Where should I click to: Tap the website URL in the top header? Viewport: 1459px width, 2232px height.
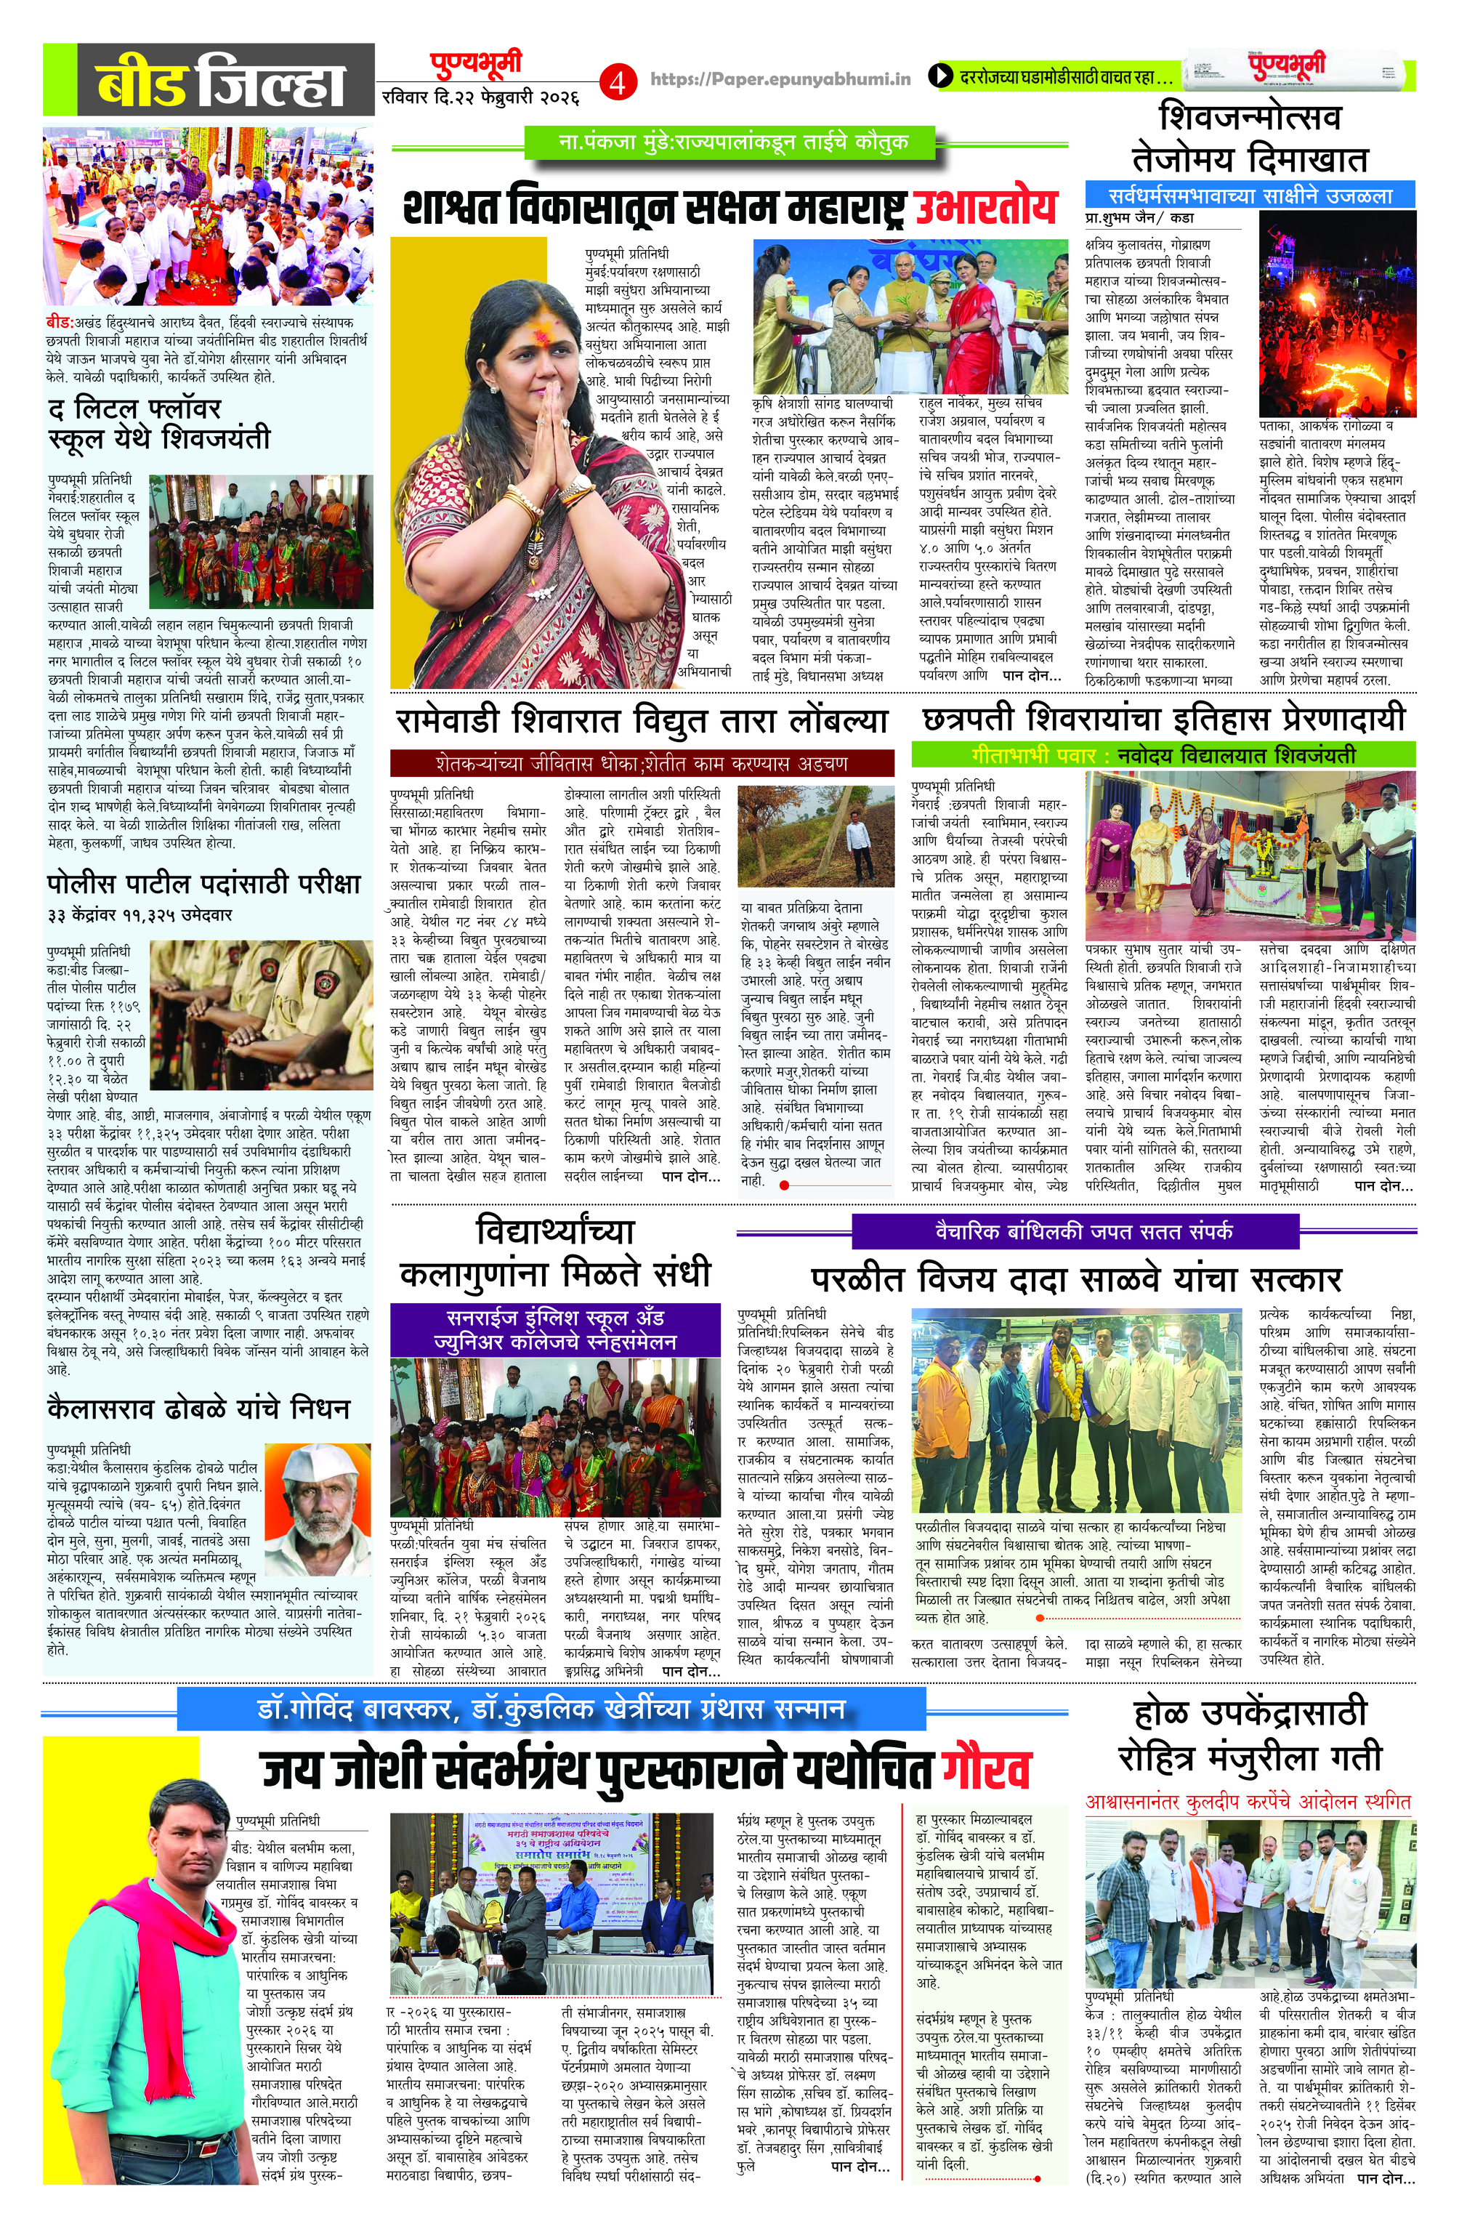pos(780,80)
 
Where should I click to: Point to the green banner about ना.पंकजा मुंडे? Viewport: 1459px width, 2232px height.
pos(729,143)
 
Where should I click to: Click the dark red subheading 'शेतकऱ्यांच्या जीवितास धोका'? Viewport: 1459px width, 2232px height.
pos(642,762)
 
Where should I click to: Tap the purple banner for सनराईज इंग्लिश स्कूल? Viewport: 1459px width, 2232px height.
pos(554,1329)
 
